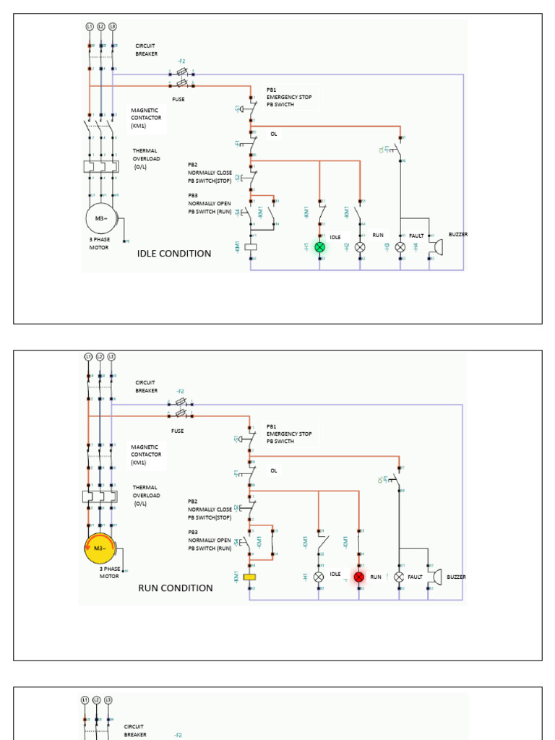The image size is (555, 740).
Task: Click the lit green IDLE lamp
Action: (320, 247)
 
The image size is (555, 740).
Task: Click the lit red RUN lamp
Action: (359, 577)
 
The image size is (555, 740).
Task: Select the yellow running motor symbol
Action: (99, 548)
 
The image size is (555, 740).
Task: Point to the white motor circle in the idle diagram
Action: (100, 218)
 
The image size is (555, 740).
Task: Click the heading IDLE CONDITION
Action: (174, 254)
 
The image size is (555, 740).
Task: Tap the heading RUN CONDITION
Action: (176, 588)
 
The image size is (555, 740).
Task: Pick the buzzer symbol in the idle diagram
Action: (436, 246)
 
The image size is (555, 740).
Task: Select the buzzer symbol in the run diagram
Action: (434, 577)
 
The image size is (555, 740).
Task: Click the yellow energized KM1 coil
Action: (251, 577)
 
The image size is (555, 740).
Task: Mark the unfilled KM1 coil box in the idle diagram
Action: (251, 246)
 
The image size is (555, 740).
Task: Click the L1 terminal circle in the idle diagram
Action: (90, 27)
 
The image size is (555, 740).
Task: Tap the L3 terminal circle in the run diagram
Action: (111, 357)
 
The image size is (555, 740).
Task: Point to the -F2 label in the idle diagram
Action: (181, 61)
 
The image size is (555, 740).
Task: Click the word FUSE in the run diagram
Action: (177, 431)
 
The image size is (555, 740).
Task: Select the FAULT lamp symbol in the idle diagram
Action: (400, 247)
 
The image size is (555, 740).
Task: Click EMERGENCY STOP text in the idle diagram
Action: (289, 98)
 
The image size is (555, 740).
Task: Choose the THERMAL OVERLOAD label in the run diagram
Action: (147, 495)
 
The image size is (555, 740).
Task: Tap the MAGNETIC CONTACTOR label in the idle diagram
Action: (146, 118)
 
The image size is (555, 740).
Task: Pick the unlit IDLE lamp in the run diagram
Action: (319, 577)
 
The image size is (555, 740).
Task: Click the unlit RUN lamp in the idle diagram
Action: (360, 247)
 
